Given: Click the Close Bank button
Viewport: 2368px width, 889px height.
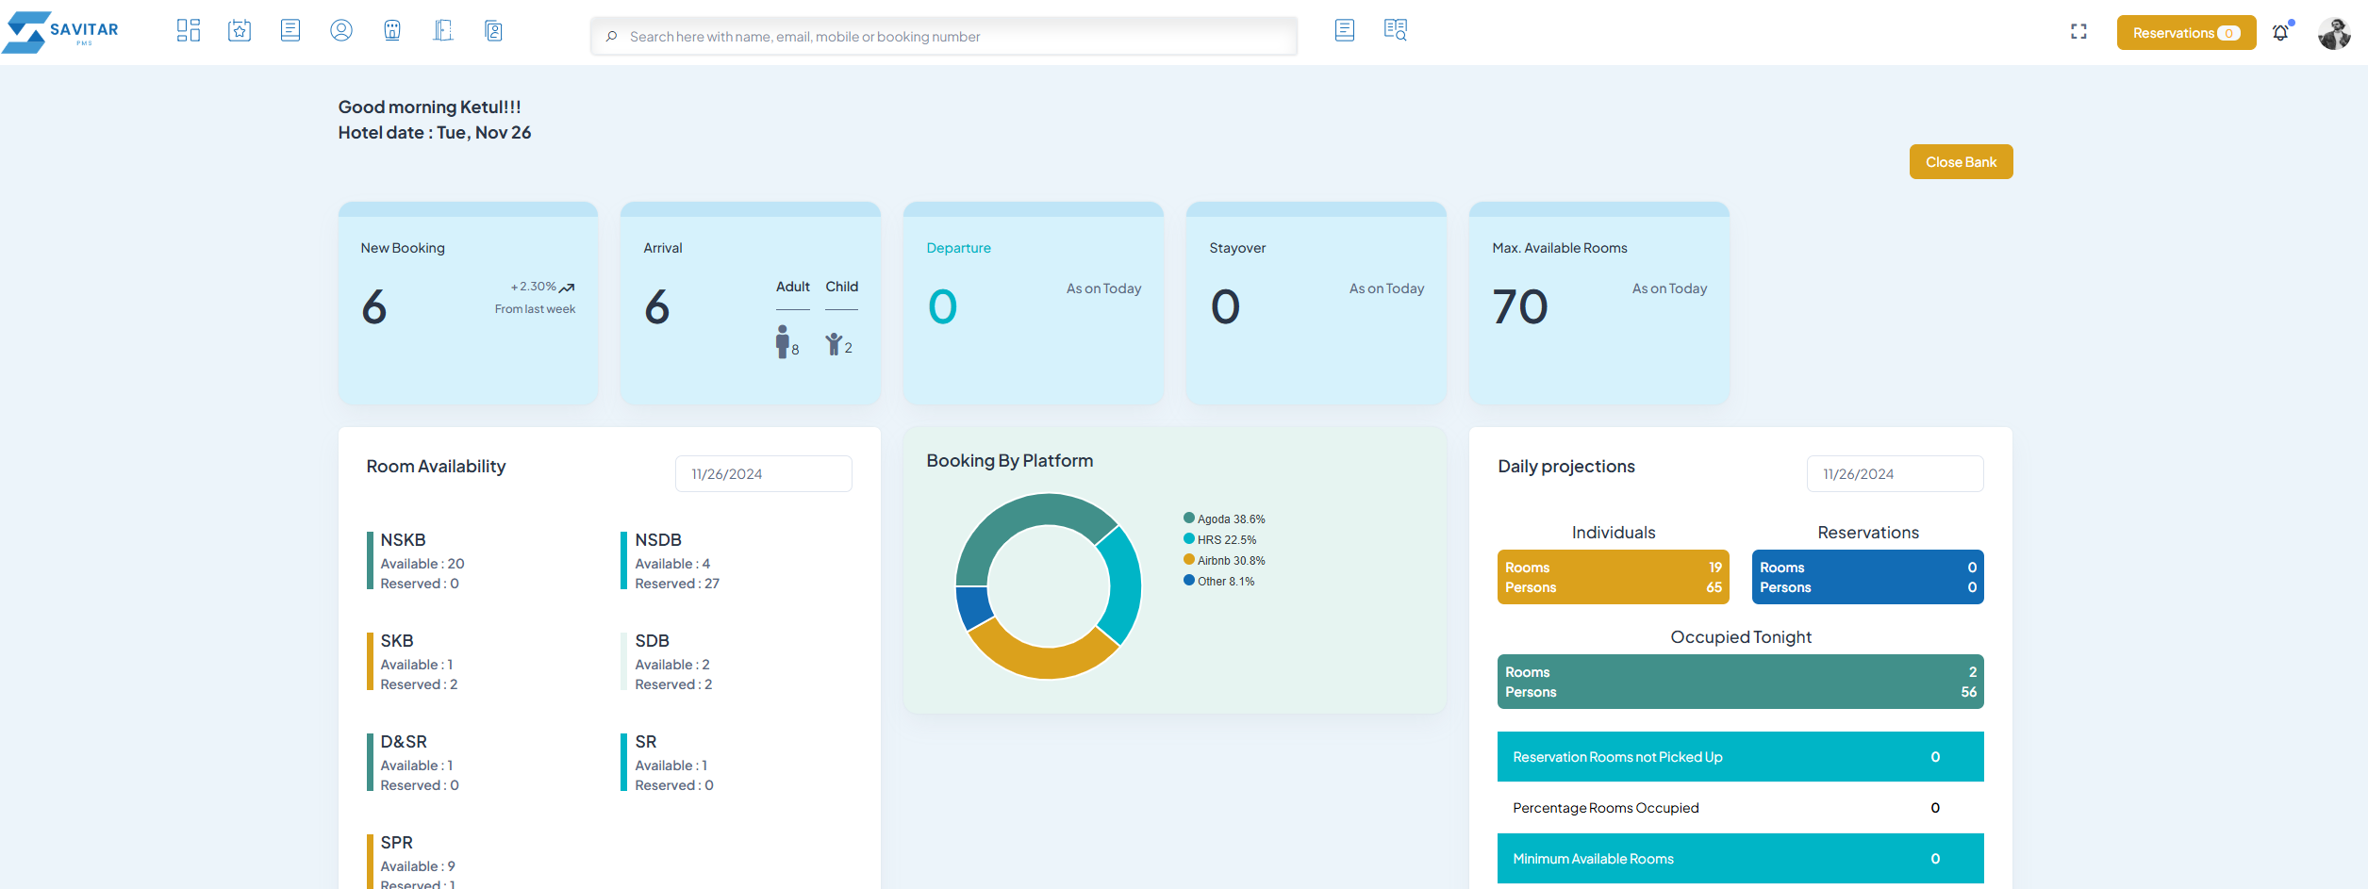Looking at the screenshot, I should (1961, 162).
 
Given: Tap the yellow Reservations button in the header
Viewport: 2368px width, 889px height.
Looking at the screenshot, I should (2185, 33).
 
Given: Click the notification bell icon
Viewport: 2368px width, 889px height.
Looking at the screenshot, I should (2280, 33).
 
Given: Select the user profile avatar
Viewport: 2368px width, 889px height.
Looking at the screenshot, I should (2334, 33).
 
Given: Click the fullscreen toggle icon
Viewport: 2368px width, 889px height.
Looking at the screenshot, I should (2078, 32).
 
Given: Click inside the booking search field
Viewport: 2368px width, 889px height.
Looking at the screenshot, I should (943, 37).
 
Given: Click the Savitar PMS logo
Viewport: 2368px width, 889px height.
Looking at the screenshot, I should (61, 32).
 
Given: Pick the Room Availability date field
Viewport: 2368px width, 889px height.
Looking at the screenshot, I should (763, 474).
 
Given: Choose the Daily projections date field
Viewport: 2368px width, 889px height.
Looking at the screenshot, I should (1895, 474).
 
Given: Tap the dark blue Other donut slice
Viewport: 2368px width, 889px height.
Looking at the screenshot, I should (973, 607).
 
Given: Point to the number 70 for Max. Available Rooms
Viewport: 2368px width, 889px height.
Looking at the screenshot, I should (1520, 307).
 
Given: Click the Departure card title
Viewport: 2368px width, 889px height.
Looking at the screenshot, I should (958, 248).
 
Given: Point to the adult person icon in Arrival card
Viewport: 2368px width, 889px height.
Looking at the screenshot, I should (782, 341).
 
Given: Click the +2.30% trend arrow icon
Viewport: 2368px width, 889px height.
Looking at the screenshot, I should (567, 288).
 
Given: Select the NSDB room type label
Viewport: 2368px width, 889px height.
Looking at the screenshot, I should (658, 540).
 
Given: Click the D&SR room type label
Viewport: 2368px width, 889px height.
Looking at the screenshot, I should (404, 742).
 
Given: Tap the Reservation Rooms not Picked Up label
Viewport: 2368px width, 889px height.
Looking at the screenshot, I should (1617, 757).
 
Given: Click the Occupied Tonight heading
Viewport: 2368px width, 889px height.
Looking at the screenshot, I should (1741, 637).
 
